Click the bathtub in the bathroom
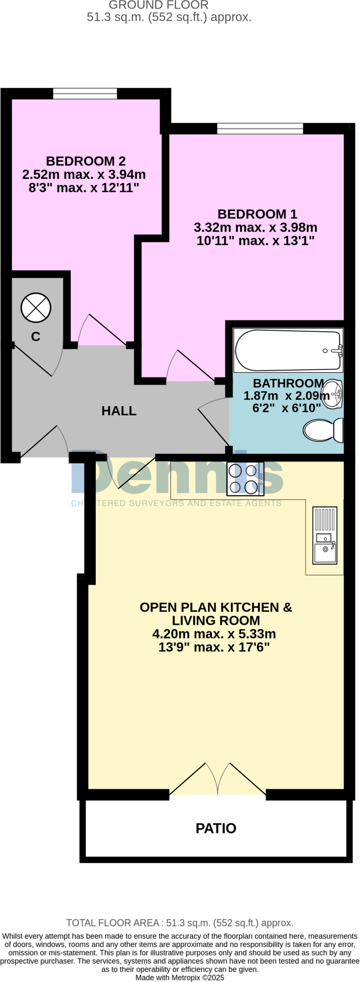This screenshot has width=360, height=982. (x=288, y=351)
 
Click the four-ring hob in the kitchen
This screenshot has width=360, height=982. (x=245, y=479)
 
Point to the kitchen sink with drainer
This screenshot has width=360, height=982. (x=325, y=535)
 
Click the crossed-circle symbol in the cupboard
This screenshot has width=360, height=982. (x=36, y=307)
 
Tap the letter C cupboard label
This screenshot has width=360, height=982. (x=35, y=337)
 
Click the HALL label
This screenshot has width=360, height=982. (x=119, y=411)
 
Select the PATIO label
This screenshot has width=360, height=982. (x=216, y=828)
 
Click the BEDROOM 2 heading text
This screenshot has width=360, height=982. (x=86, y=161)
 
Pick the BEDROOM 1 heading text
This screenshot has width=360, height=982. (x=257, y=214)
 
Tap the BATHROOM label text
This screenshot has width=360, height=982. (x=288, y=383)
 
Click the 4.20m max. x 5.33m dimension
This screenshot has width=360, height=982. (x=214, y=634)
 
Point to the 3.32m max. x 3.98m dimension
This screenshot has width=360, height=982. (x=255, y=227)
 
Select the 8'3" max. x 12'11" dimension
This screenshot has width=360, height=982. (x=84, y=187)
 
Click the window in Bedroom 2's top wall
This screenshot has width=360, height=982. (x=85, y=94)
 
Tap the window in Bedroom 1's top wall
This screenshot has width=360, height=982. (x=260, y=128)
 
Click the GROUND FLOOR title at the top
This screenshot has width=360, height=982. (x=158, y=5)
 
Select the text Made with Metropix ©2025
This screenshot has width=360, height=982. (x=180, y=977)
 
